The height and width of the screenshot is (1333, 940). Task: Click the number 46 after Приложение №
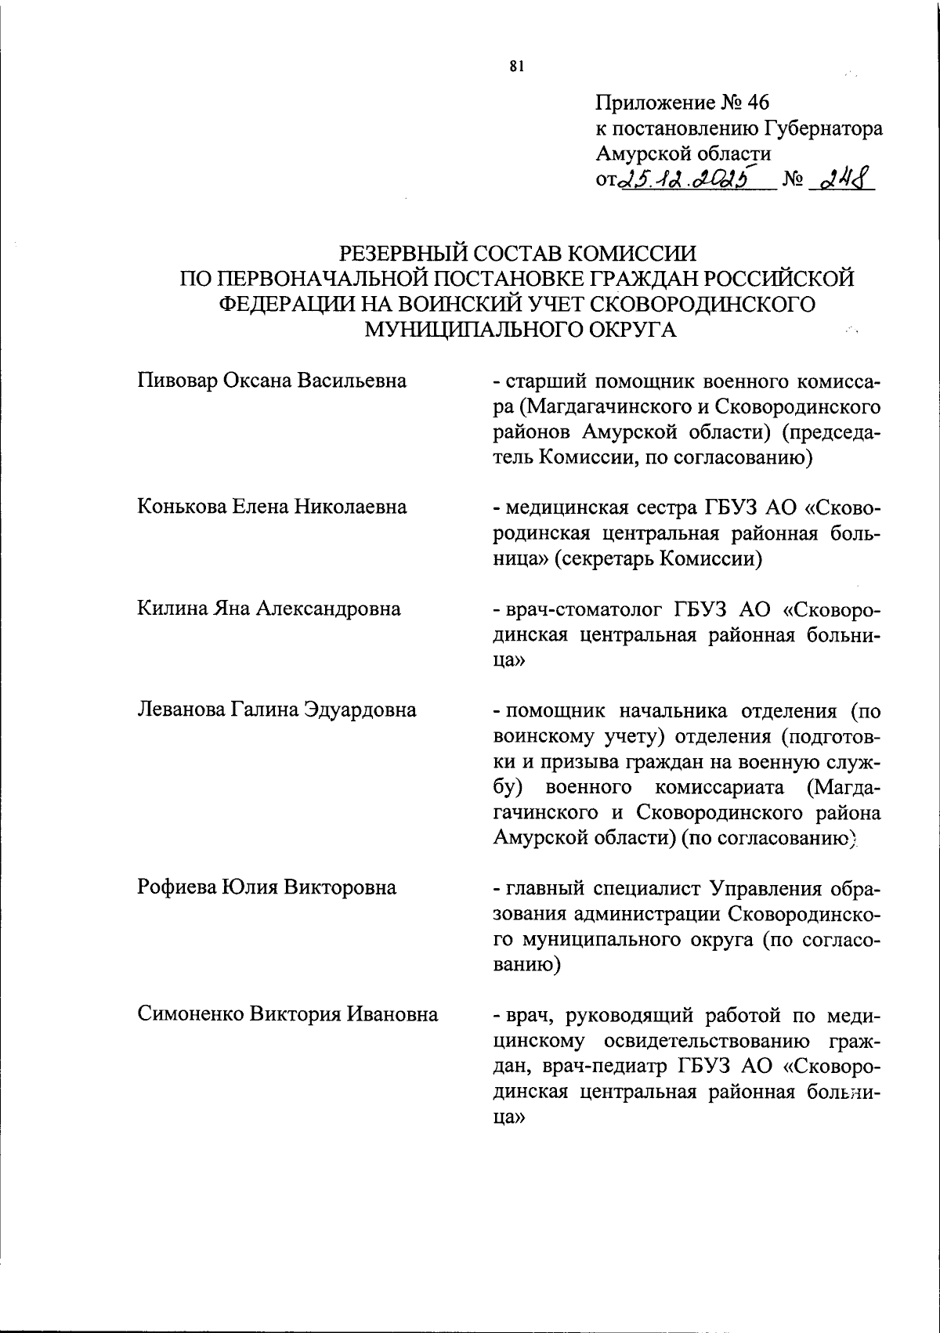coord(759,103)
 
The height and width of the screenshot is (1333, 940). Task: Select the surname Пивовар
coord(177,381)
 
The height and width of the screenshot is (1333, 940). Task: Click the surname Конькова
coord(181,507)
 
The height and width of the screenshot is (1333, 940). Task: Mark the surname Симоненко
coord(192,1015)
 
